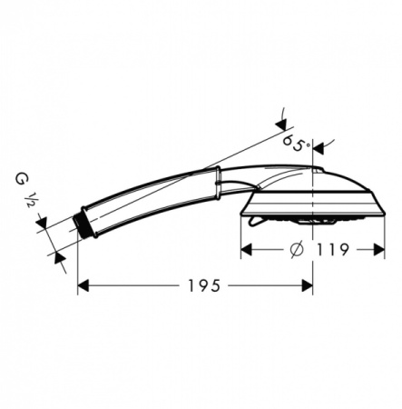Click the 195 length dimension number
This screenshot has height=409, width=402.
pos(203,285)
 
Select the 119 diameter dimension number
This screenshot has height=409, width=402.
pos(333,250)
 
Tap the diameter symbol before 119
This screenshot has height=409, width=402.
pos(296,250)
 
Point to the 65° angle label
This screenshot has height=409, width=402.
pos(297,144)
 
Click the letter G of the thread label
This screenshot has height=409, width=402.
pos(20,179)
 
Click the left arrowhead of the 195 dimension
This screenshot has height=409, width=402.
pos(83,285)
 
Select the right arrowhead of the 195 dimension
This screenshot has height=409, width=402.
pos(308,285)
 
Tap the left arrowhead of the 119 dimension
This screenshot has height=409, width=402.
pos(246,250)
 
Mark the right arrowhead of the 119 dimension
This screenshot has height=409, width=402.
pos(379,250)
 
